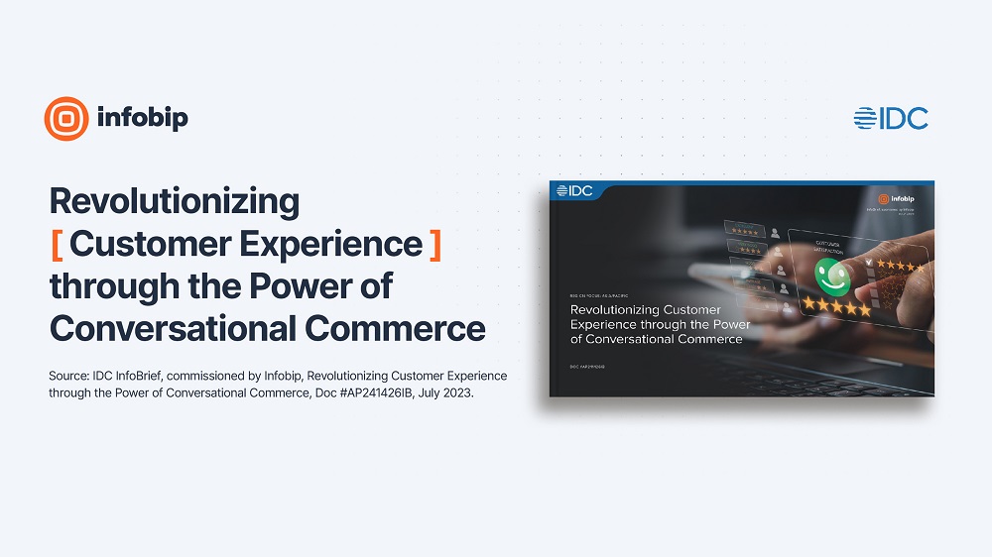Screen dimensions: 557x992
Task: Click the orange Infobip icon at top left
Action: [66, 119]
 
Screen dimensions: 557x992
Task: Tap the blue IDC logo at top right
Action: [891, 118]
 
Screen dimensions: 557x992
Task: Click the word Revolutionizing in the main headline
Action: [175, 202]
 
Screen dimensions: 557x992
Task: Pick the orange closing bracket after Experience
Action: [435, 244]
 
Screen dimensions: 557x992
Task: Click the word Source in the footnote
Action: [68, 377]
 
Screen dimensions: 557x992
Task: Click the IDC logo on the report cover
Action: [575, 190]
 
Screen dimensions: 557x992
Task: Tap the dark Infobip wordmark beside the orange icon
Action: [143, 119]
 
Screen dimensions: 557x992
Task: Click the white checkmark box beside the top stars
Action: [869, 264]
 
